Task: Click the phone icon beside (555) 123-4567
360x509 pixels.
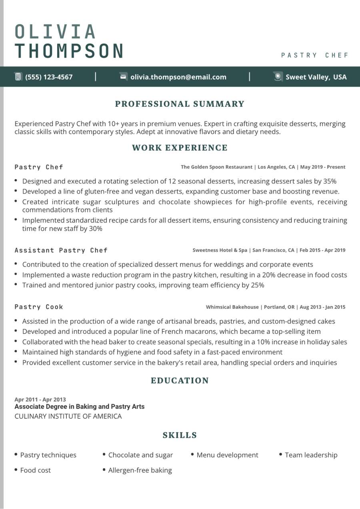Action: [18, 77]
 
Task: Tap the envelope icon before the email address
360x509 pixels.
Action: [124, 77]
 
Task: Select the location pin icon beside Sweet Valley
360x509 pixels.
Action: [278, 77]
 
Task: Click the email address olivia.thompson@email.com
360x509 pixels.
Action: [178, 77]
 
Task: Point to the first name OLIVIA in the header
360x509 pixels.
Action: [56, 32]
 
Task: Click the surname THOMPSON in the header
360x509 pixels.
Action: [69, 51]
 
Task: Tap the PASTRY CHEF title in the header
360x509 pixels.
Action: [315, 55]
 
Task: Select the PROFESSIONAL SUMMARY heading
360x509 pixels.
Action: [180, 104]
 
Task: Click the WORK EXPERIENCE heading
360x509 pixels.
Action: [180, 148]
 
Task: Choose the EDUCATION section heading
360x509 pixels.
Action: [180, 381]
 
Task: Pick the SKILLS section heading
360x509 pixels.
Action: [180, 435]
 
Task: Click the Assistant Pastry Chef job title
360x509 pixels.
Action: [61, 250]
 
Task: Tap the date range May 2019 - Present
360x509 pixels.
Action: [322, 167]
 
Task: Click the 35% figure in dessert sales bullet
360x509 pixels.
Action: [330, 181]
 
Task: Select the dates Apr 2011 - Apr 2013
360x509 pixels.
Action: [40, 399]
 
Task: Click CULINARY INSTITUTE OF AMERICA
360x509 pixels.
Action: [68, 416]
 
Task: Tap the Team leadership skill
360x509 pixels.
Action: [311, 455]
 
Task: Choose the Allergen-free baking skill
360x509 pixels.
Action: [140, 470]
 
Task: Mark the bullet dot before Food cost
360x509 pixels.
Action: [16, 470]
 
